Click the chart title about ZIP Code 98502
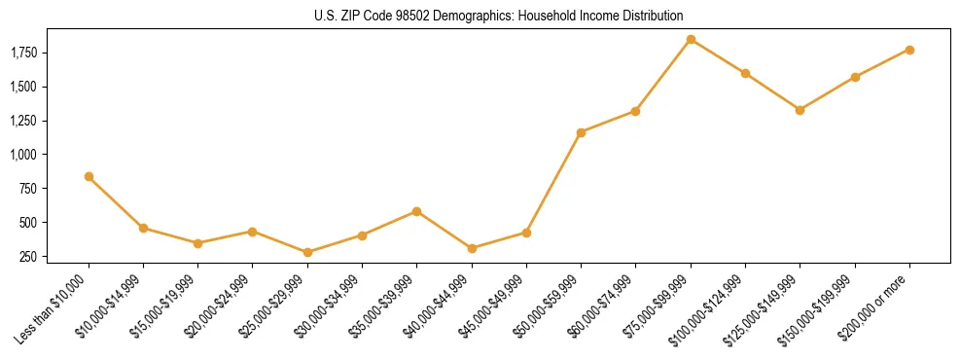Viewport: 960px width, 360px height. click(x=499, y=16)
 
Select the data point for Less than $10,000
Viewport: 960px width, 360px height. click(x=89, y=176)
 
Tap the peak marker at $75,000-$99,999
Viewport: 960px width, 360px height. click(x=691, y=40)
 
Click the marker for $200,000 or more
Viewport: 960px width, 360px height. click(x=909, y=50)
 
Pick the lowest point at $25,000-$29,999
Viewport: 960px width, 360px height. click(x=307, y=252)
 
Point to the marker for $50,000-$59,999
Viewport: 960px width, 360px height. click(x=581, y=132)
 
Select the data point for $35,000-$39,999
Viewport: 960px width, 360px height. click(x=416, y=211)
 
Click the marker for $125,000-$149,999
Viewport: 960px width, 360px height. click(x=800, y=110)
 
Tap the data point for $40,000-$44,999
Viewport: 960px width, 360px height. click(x=472, y=248)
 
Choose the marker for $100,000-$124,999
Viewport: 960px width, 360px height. click(x=745, y=73)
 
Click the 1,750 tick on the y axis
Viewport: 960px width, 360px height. click(x=24, y=53)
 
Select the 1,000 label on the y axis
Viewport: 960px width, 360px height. click(x=24, y=155)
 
